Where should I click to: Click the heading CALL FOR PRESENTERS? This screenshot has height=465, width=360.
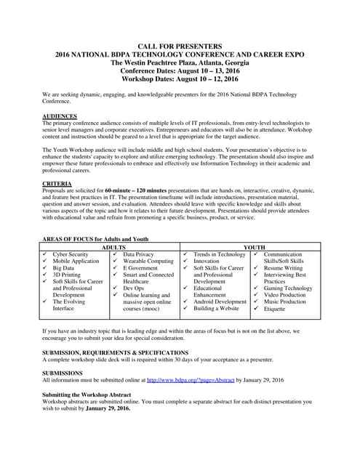180,46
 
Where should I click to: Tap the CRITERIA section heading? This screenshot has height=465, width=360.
57,183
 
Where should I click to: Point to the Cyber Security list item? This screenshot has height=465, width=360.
71,254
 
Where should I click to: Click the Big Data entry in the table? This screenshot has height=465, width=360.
63,268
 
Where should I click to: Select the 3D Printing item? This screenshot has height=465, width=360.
68,275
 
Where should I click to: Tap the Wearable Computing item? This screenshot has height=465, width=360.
148,261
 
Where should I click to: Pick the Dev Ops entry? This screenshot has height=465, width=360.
135,288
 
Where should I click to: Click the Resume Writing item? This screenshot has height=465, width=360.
284,268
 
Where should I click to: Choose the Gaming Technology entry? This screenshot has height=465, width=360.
288,288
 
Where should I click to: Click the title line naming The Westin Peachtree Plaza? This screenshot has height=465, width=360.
180,62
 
